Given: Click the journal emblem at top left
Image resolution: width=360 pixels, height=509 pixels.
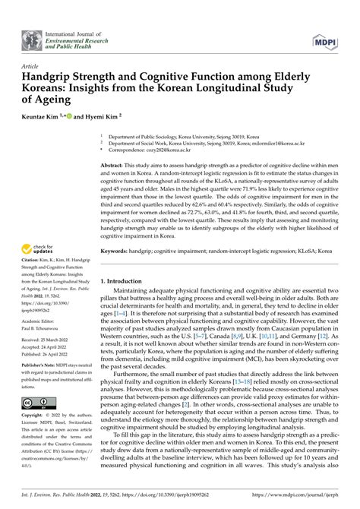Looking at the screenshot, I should pyautogui.click(x=33, y=38).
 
